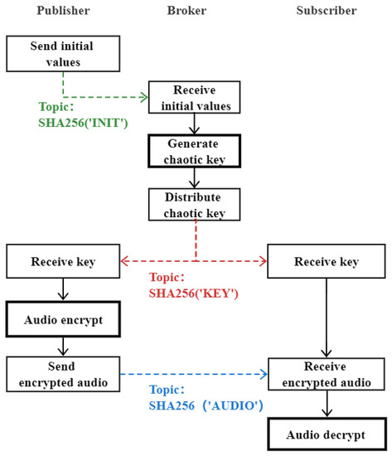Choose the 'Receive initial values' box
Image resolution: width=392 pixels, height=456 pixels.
pos(194,97)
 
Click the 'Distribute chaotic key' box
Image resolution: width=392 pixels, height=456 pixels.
pos(194,204)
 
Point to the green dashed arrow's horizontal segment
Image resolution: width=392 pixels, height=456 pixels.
pos(104,96)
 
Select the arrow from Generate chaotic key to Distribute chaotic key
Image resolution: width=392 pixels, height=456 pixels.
pos(194,177)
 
